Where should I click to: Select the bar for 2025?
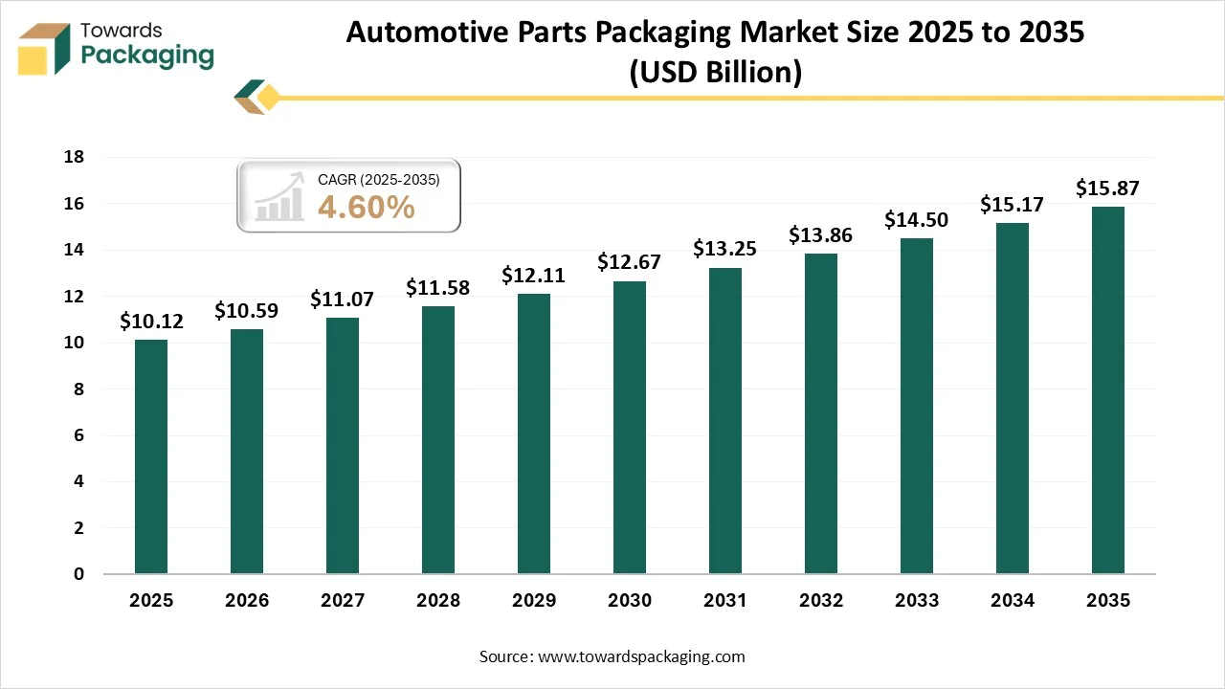tap(151, 457)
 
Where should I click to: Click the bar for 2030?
tap(630, 428)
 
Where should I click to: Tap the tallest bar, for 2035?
tap(1108, 390)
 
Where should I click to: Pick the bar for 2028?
tap(438, 440)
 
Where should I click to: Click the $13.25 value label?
tap(725, 250)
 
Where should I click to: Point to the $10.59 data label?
tap(246, 311)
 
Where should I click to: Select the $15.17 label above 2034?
tap(1012, 205)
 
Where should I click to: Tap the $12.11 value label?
tap(534, 276)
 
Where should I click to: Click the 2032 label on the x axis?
tap(821, 601)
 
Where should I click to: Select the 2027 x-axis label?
tap(343, 601)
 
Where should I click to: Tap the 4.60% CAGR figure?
tap(366, 207)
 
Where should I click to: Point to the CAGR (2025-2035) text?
tap(378, 178)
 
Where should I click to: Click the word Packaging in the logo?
tap(148, 56)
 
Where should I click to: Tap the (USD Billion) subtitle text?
tap(715, 72)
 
